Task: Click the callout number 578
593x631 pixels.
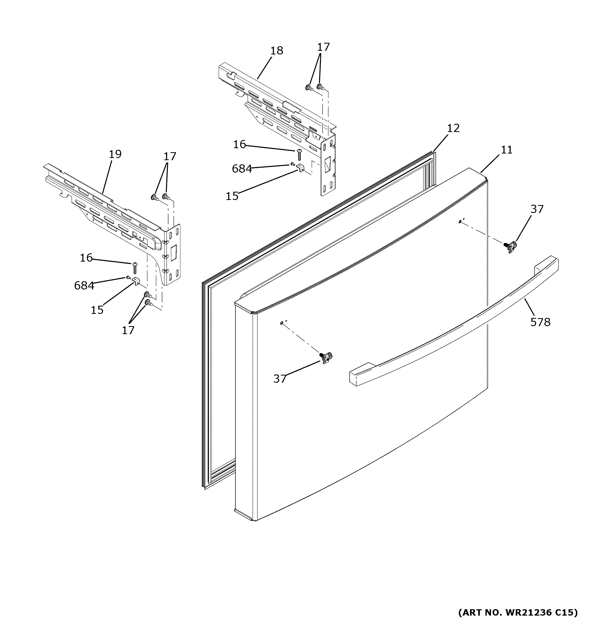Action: [540, 322]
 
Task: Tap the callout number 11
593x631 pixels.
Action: [507, 150]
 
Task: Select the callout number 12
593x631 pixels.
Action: [453, 128]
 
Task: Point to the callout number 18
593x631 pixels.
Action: [277, 50]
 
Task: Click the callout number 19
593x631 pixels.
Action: [115, 154]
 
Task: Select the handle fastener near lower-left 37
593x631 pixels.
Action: [326, 358]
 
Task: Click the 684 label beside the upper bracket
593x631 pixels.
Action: [242, 169]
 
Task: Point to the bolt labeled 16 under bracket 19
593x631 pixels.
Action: [134, 268]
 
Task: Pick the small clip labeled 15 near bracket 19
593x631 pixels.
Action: [136, 281]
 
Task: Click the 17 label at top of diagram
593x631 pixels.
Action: [324, 47]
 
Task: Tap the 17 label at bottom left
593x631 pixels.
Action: [128, 330]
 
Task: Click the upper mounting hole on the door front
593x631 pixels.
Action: [460, 221]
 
